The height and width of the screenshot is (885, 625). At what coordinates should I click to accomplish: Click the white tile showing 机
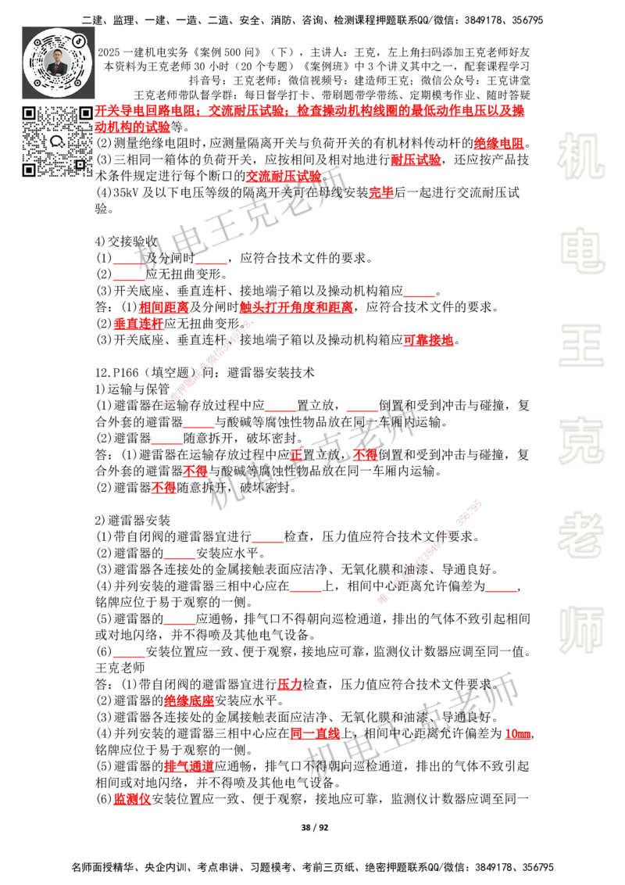click(x=580, y=156)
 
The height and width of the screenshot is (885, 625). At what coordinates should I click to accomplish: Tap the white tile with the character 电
click(x=584, y=250)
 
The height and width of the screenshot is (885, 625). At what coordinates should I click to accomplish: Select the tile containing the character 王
click(x=580, y=347)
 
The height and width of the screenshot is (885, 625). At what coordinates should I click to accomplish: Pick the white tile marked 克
click(x=580, y=441)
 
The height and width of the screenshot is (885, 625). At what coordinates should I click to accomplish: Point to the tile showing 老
click(x=580, y=535)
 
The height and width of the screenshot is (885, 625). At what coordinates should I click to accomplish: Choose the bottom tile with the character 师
click(x=580, y=632)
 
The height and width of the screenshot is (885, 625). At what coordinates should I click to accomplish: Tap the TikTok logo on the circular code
click(x=79, y=40)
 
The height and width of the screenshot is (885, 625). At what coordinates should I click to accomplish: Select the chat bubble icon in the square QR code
click(x=57, y=142)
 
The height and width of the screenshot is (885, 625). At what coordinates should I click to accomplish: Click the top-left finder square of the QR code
click(x=29, y=113)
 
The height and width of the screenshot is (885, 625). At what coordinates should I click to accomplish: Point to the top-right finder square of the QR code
click(x=85, y=113)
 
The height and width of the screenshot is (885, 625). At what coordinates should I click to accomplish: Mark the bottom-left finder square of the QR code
click(x=29, y=170)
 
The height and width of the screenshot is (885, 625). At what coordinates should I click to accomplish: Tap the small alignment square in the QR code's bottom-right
click(x=80, y=164)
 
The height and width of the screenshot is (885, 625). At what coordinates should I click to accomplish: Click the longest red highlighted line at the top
click(x=312, y=109)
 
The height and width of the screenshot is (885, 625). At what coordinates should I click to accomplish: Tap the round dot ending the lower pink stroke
click(x=382, y=600)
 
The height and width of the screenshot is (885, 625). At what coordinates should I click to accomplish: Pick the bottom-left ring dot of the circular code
click(x=36, y=81)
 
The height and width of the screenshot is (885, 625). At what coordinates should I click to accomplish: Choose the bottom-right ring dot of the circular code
click(x=80, y=82)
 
